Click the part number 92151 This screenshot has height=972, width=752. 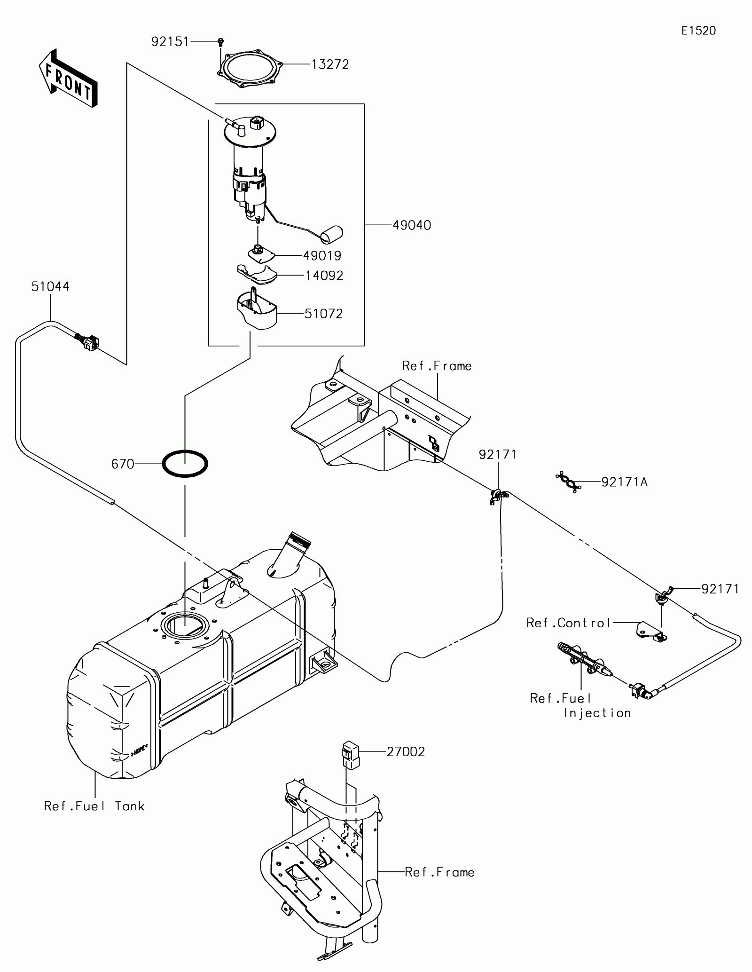tap(170, 42)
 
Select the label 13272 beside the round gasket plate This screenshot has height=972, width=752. tap(330, 64)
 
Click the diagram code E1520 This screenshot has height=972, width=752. tap(698, 31)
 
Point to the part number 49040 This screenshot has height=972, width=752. tap(411, 225)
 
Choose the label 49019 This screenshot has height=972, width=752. tap(322, 256)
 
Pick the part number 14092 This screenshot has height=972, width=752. tap(324, 276)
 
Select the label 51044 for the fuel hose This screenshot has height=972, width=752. tap(50, 286)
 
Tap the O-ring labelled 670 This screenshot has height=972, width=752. tap(185, 464)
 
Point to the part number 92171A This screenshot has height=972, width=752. tap(624, 482)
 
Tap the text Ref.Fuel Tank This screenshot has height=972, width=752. tap(94, 806)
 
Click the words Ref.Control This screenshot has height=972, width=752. tap(568, 623)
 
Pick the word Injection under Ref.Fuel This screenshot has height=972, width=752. tap(597, 713)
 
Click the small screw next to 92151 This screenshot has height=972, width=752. tap(220, 42)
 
